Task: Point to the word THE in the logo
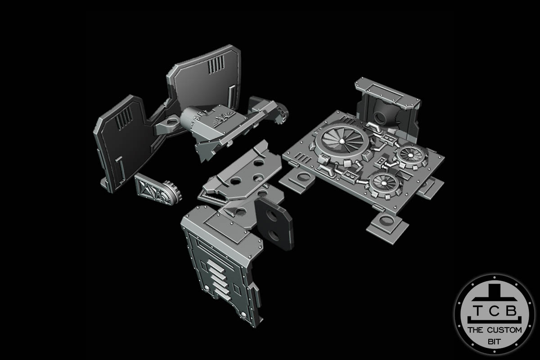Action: (476, 330)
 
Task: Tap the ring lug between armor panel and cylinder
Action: (171, 122)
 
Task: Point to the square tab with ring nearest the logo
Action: (386, 225)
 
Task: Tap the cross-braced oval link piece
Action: (151, 189)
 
